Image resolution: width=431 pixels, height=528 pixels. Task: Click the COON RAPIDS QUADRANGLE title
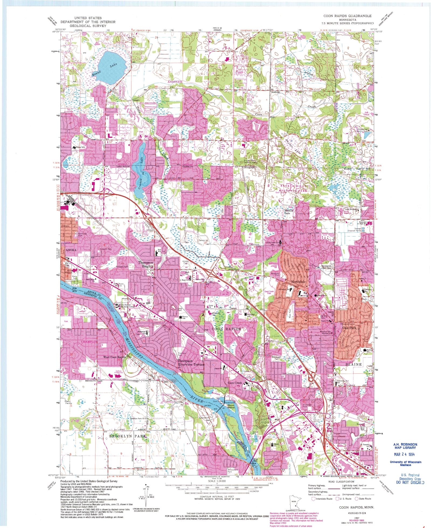347,16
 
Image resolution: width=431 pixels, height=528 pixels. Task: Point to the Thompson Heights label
146,264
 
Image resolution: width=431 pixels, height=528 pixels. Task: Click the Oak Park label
349,328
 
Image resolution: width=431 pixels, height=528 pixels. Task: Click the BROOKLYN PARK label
127,435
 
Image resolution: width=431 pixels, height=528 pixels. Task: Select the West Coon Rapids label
115,357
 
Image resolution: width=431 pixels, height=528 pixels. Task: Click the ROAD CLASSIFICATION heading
341,482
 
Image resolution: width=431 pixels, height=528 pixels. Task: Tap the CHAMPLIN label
89,341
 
